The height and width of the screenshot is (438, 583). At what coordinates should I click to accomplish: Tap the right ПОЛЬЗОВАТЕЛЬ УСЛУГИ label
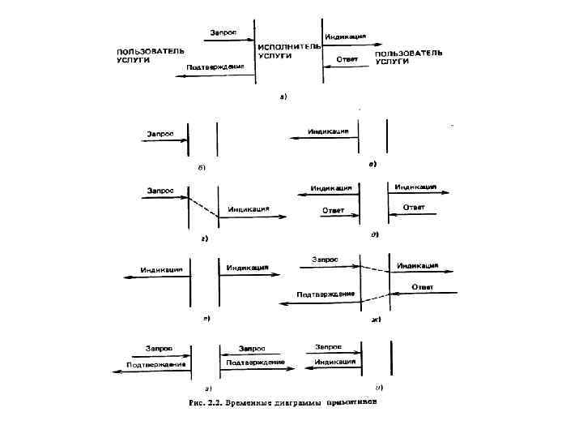click(x=408, y=56)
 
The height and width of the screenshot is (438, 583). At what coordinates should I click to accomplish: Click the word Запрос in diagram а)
click(x=223, y=32)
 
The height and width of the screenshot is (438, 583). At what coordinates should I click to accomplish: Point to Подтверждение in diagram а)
click(x=214, y=67)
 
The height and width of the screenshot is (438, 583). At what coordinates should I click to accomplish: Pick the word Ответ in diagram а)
click(x=347, y=59)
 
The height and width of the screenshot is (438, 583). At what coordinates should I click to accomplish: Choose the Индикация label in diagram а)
click(x=346, y=36)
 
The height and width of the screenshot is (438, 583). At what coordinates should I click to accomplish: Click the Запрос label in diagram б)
click(x=160, y=134)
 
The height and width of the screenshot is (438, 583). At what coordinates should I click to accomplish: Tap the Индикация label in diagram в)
click(x=328, y=131)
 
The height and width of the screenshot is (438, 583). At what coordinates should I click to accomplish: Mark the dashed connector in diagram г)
click(x=203, y=206)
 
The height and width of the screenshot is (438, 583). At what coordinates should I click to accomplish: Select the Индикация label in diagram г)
click(x=248, y=209)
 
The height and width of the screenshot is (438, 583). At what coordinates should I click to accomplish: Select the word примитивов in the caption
click(x=351, y=401)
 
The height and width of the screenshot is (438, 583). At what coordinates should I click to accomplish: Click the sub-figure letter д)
click(x=375, y=234)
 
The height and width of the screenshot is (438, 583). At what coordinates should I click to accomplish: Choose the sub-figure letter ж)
click(x=376, y=320)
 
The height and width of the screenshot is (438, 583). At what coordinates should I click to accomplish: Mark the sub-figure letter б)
click(x=202, y=167)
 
